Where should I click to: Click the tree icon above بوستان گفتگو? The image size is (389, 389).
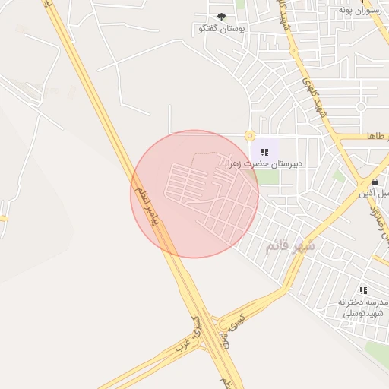click(221, 17)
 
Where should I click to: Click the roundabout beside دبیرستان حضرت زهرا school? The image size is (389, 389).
click(249, 136)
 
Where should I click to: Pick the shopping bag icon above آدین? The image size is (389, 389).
click(375, 182)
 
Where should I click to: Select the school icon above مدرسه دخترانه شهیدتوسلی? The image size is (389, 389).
click(363, 290)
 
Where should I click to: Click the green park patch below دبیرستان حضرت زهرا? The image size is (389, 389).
click(266, 177)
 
